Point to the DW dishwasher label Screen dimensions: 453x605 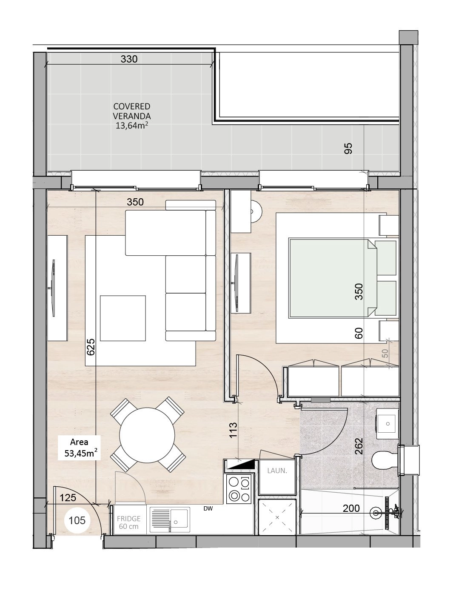(208, 509)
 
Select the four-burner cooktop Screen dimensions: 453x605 (239, 489)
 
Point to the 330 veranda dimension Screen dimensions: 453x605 (129, 59)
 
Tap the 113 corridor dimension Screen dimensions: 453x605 (233, 430)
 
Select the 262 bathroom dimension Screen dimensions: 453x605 (359, 446)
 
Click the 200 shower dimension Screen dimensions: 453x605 (351, 508)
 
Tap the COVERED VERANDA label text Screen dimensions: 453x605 (132, 111)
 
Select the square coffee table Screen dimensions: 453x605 (123, 318)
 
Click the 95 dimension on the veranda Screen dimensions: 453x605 (348, 148)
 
